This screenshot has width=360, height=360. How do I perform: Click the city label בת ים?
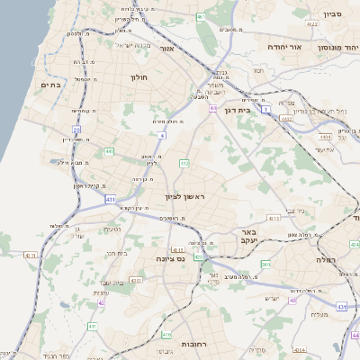pos(49,85)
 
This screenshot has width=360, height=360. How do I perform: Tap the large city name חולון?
pos(139,77)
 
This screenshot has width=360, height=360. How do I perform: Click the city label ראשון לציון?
pos(185,196)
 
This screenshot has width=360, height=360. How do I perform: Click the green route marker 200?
pos(265,264)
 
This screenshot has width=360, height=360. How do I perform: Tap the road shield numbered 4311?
pos(31,256)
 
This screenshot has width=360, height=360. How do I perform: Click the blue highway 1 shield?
pos(266,108)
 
